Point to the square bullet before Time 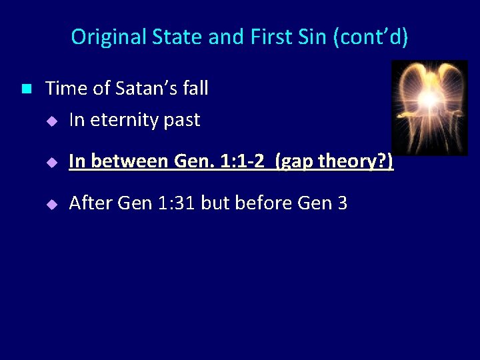click(26, 89)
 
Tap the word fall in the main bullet click(193, 88)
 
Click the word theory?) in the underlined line click(355, 161)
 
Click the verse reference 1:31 click(173, 203)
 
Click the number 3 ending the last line click(342, 203)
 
